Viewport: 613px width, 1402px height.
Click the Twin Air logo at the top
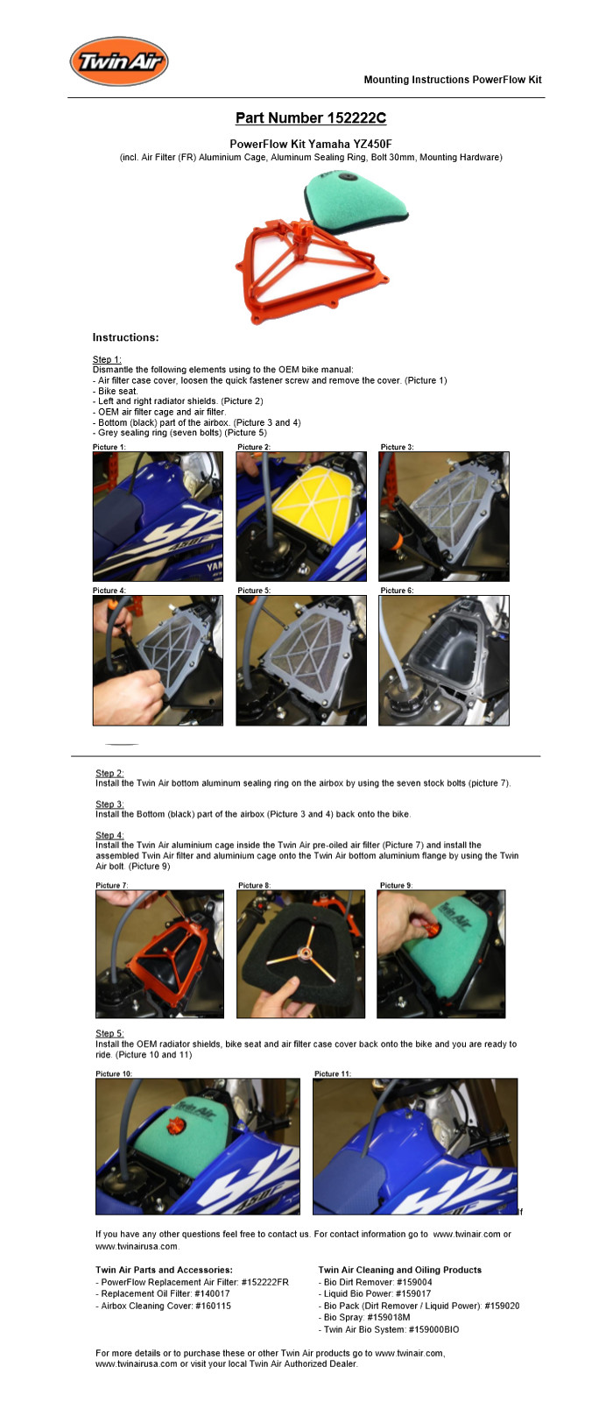tap(119, 60)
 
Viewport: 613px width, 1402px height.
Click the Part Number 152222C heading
tap(311, 117)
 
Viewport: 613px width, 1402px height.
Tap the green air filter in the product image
tap(356, 201)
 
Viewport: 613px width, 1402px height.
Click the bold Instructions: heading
tap(126, 337)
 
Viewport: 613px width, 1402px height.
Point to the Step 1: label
tap(107, 359)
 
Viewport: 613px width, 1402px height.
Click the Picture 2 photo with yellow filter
tap(301, 516)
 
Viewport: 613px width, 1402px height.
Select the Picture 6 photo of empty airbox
tap(444, 661)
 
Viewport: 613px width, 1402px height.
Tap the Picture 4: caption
tap(109, 591)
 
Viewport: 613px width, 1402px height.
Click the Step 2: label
tap(109, 773)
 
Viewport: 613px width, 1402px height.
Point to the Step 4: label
tap(109, 835)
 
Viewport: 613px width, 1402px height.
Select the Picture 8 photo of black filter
tap(301, 954)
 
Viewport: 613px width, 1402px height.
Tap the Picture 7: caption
tap(112, 885)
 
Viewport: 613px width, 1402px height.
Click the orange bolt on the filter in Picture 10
tap(173, 1128)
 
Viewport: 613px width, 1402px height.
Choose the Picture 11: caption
tap(333, 1073)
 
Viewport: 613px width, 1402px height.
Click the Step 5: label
tap(109, 1033)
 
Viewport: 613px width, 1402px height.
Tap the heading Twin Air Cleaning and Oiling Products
tap(399, 1270)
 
